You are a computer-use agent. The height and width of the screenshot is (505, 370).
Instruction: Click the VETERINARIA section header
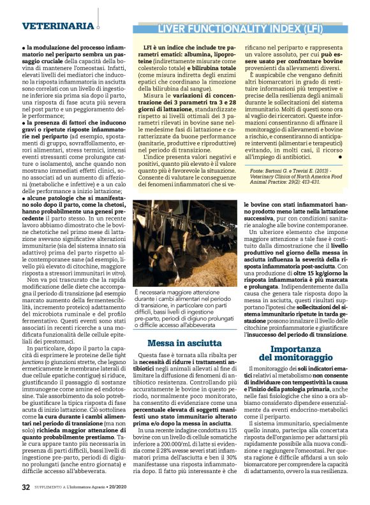point(57,26)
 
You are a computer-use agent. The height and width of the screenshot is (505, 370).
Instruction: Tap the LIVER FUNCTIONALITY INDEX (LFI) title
point(241,29)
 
